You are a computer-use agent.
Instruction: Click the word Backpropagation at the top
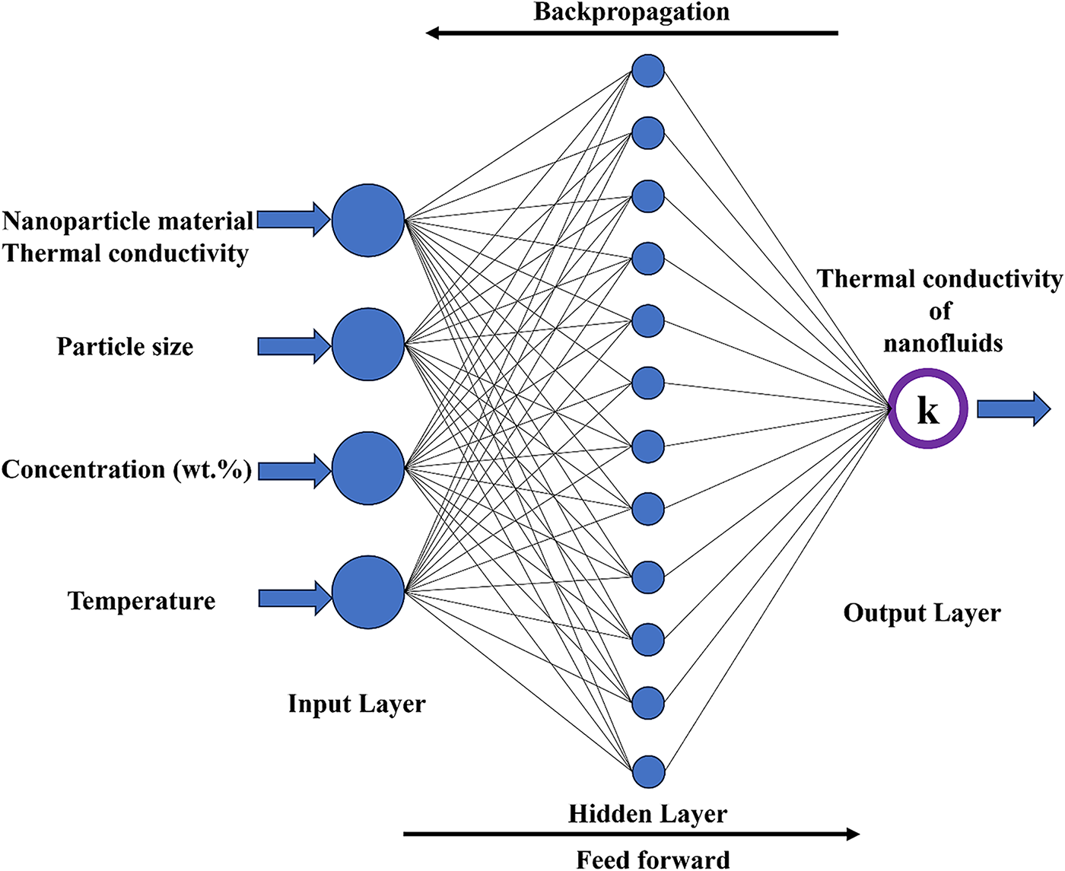(x=631, y=12)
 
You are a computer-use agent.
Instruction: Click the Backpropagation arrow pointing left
(x=631, y=33)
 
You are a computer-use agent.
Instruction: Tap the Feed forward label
(x=653, y=860)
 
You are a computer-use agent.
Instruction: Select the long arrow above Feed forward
(x=631, y=834)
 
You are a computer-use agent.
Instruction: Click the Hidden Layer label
(x=647, y=814)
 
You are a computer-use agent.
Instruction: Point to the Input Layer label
(x=356, y=704)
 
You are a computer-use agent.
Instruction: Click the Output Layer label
(x=922, y=613)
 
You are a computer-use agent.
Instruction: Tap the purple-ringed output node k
(x=928, y=409)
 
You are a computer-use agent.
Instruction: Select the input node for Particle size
(x=368, y=345)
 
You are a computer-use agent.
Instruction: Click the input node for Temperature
(x=368, y=593)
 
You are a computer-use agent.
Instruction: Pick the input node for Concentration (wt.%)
(x=368, y=469)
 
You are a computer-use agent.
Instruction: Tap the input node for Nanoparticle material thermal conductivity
(x=368, y=220)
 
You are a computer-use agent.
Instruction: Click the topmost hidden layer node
(x=648, y=71)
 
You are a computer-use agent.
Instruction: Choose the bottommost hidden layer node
(x=648, y=772)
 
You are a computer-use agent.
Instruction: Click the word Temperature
(x=141, y=601)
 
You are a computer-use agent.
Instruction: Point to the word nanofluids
(x=943, y=343)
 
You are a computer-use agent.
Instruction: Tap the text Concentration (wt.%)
(x=126, y=469)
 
